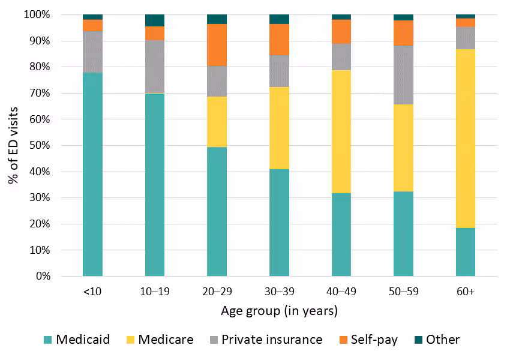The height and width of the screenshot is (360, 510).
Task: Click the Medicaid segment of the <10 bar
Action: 92,174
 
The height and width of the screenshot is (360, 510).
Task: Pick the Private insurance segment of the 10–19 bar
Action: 155,67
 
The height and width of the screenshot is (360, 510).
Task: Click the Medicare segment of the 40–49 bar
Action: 341,131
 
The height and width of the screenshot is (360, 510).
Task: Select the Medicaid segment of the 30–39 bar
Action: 279,223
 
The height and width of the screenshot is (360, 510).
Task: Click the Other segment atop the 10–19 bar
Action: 155,20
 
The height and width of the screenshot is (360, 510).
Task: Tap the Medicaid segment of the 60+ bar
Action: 465,252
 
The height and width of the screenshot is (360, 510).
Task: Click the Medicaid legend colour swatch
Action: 48,340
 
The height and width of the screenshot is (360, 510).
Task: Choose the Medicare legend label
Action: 166,340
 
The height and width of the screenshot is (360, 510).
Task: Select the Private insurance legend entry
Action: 272,340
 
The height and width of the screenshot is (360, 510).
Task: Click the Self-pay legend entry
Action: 374,340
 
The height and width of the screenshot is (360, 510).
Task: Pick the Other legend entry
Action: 443,340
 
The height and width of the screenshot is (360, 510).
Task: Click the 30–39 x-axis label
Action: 279,292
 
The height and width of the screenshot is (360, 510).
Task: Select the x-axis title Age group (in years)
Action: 279,311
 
